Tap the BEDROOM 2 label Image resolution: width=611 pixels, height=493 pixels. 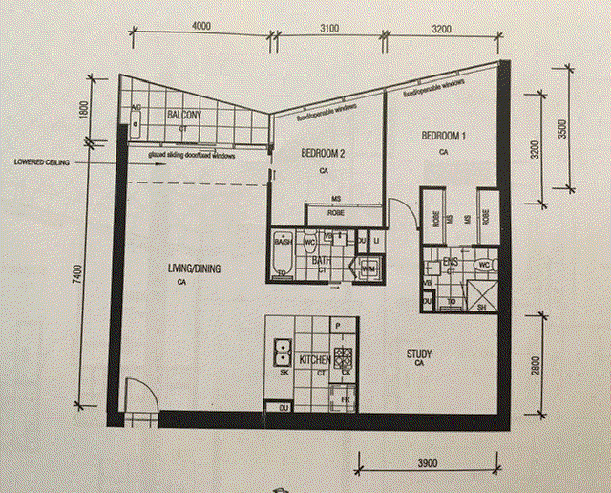[322, 153]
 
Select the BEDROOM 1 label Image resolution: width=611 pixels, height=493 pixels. [443, 137]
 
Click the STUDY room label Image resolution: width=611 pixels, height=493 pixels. [418, 354]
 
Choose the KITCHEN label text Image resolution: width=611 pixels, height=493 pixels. [316, 359]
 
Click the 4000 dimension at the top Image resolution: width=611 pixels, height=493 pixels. [200, 28]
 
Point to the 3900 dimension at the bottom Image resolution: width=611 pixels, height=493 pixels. [427, 462]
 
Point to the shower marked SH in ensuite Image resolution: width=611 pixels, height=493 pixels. [481, 297]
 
